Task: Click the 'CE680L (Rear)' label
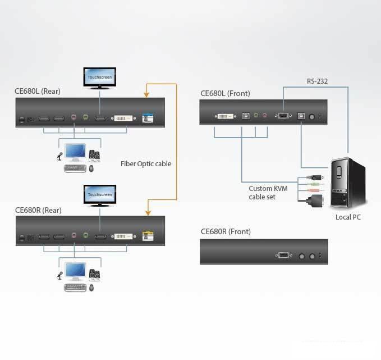[x=37, y=91]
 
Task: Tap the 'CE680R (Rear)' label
[x=38, y=210]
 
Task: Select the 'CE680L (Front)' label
[x=225, y=93]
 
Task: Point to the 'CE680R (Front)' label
[x=226, y=231]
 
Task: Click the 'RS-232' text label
[x=317, y=81]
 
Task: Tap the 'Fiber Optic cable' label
[x=146, y=164]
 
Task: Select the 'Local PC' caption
[x=348, y=217]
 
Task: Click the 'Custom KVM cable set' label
[x=268, y=193]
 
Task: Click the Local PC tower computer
[x=347, y=183]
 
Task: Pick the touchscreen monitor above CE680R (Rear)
[x=100, y=195]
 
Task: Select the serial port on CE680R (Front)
[x=283, y=255]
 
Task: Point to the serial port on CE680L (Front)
[x=282, y=116]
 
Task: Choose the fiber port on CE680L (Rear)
[x=148, y=119]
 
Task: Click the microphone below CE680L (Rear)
[x=59, y=156]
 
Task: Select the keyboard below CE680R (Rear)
[x=76, y=287]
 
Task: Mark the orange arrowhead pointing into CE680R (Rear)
[x=148, y=213]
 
